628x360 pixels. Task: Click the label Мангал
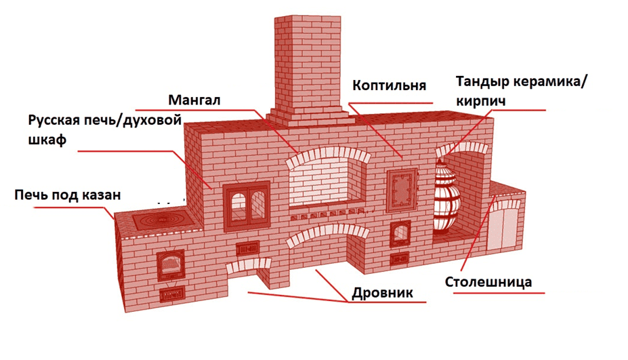coord(194,100)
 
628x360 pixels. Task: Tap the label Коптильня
coord(389,85)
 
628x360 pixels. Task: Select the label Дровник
coord(382,293)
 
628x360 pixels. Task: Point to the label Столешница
coord(488,282)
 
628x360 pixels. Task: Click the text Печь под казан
coord(68,195)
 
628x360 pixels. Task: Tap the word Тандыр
coord(482,82)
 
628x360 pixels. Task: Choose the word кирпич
coord(480,101)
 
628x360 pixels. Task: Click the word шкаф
coord(47,140)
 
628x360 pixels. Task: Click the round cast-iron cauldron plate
coord(162,220)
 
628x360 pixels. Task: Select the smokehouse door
coord(402,191)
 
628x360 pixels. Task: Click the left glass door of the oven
coord(238,207)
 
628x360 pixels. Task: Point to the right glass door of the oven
coord(258,207)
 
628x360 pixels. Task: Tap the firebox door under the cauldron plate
coord(171,265)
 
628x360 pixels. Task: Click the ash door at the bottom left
coord(172,295)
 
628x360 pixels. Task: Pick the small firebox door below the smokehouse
coord(400,233)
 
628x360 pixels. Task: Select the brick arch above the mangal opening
coord(329,155)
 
